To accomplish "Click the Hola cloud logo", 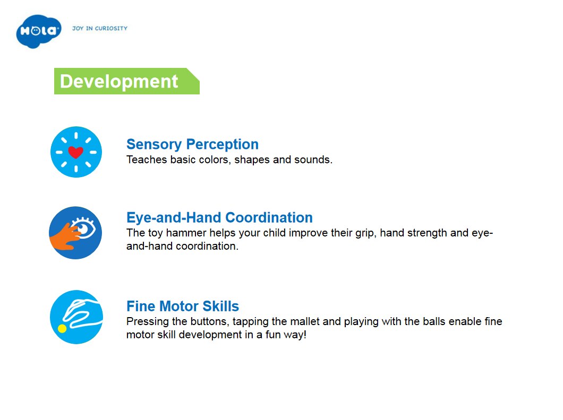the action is coord(39,31).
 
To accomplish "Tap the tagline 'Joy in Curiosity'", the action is coord(100,28).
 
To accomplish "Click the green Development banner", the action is coord(127,81).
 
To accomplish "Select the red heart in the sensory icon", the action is coord(76,152).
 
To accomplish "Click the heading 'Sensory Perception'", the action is coord(192,144).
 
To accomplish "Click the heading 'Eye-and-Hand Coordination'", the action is coord(219,217).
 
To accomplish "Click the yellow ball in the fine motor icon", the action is coord(62,328).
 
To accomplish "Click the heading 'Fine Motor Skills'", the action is coord(183,307).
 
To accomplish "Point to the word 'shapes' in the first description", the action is coord(252,160).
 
